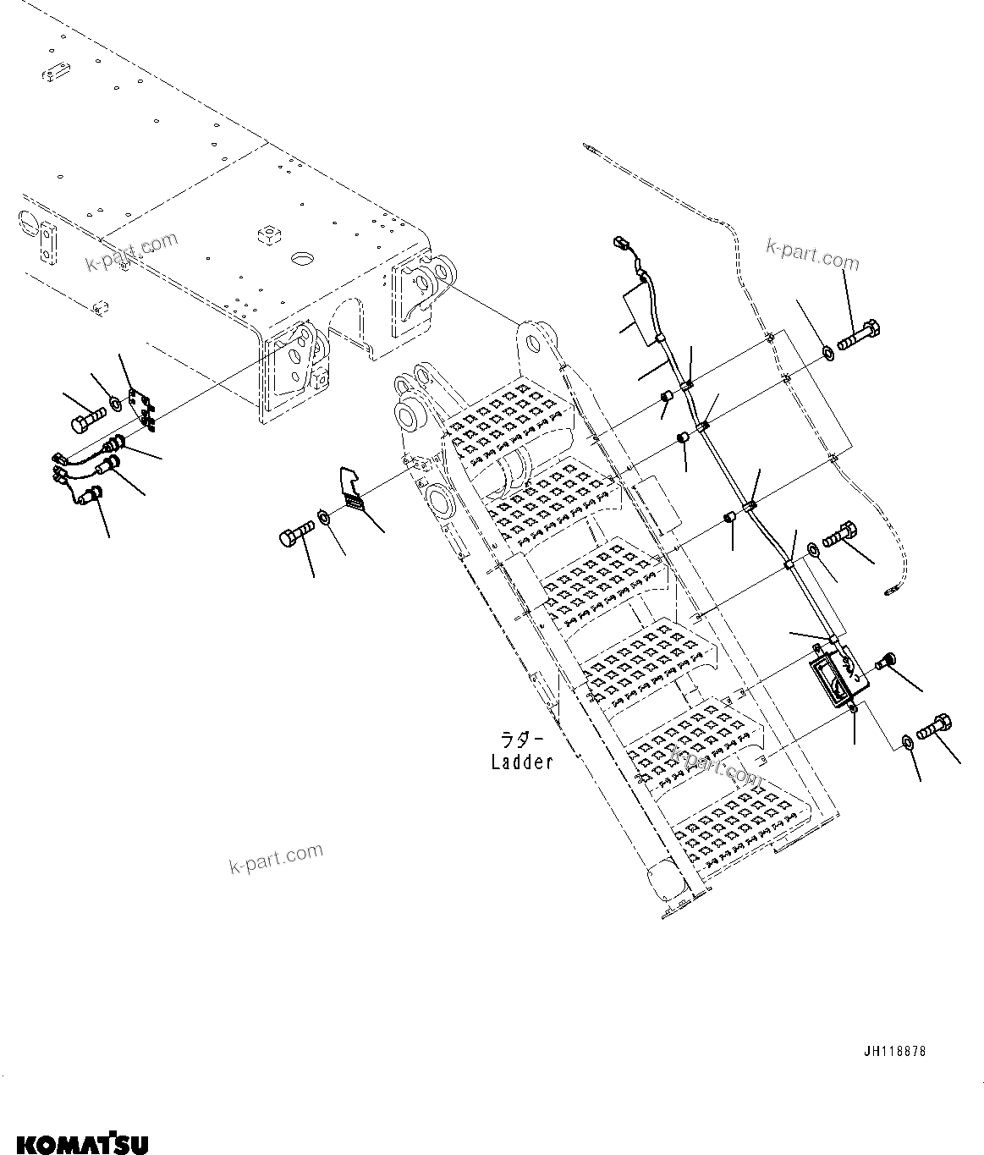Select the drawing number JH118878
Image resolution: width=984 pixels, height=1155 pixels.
tap(894, 1052)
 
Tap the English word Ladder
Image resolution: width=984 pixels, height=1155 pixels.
tap(522, 762)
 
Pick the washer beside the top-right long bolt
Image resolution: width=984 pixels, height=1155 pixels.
tap(827, 351)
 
